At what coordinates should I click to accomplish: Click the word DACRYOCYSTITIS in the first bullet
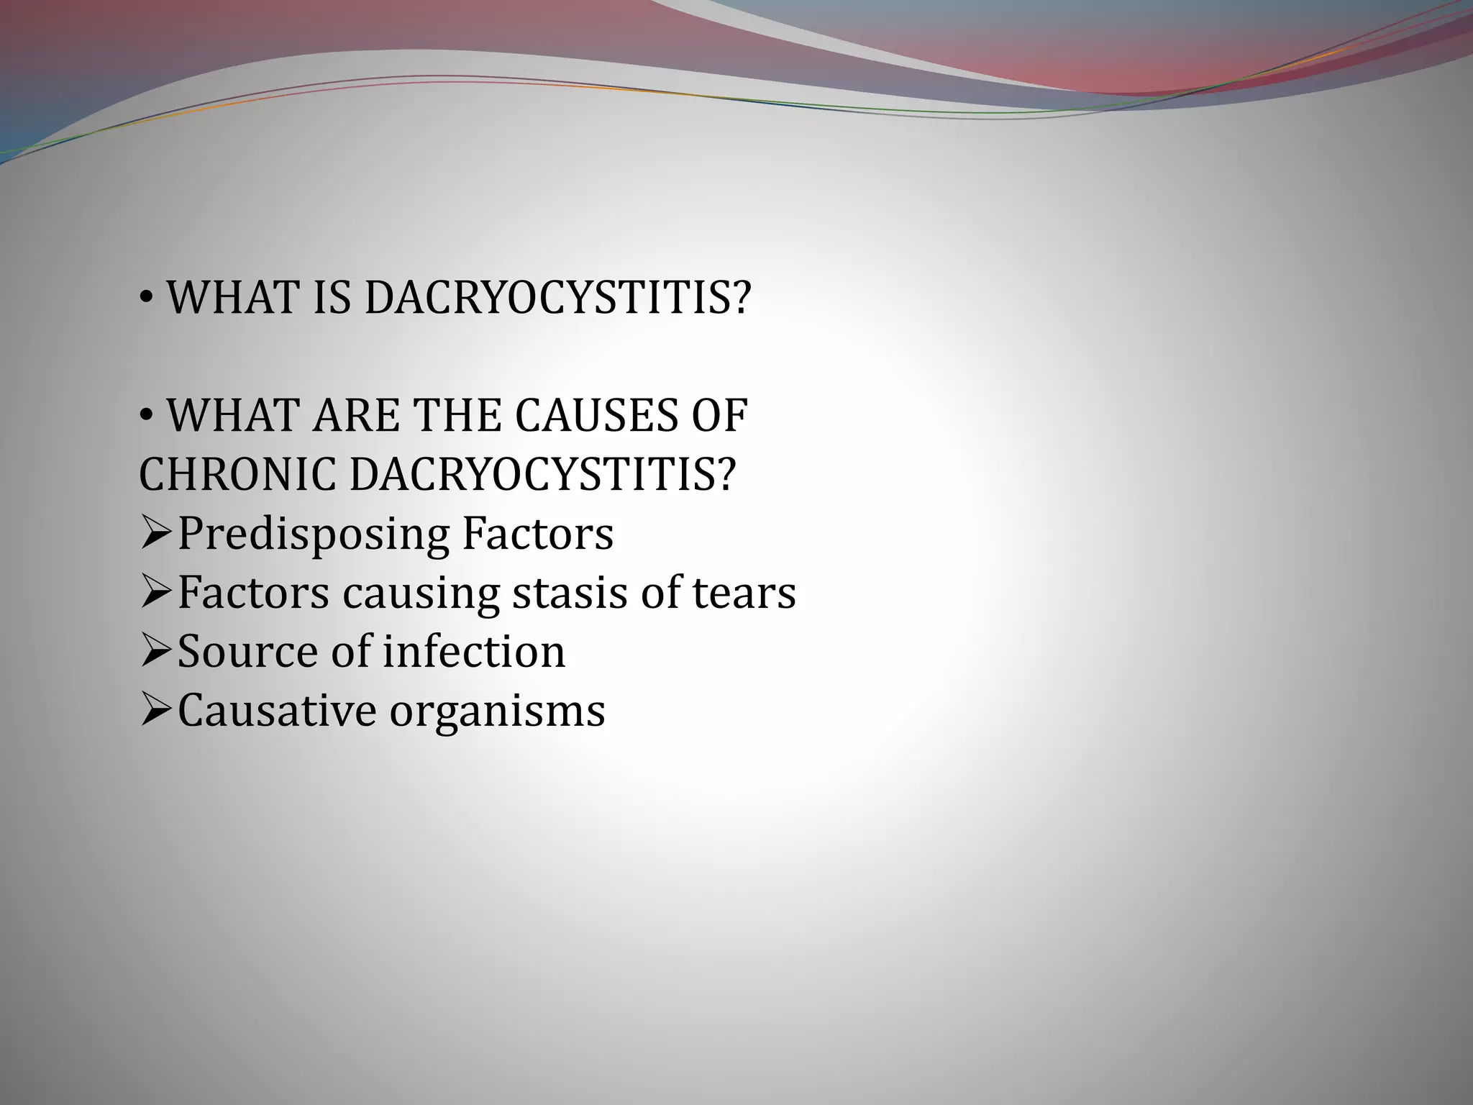[558, 297]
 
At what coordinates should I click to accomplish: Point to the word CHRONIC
[237, 475]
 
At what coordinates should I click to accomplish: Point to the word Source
[247, 652]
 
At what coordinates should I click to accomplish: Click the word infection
[474, 652]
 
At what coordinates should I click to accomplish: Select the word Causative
[277, 711]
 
